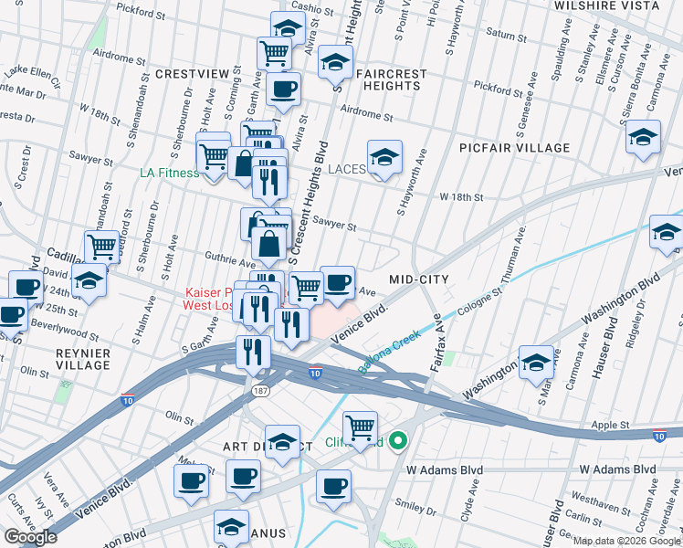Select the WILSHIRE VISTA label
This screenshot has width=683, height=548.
[x=606, y=5]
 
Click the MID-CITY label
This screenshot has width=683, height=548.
[x=422, y=279]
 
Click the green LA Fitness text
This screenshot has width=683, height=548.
[x=169, y=172]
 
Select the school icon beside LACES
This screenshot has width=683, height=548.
[x=384, y=159]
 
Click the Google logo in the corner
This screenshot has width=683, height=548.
[x=30, y=536]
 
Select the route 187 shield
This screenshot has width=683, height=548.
[x=260, y=390]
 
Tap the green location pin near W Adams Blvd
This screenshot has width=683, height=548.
[x=397, y=443]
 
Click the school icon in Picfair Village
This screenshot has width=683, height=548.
[x=644, y=138]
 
